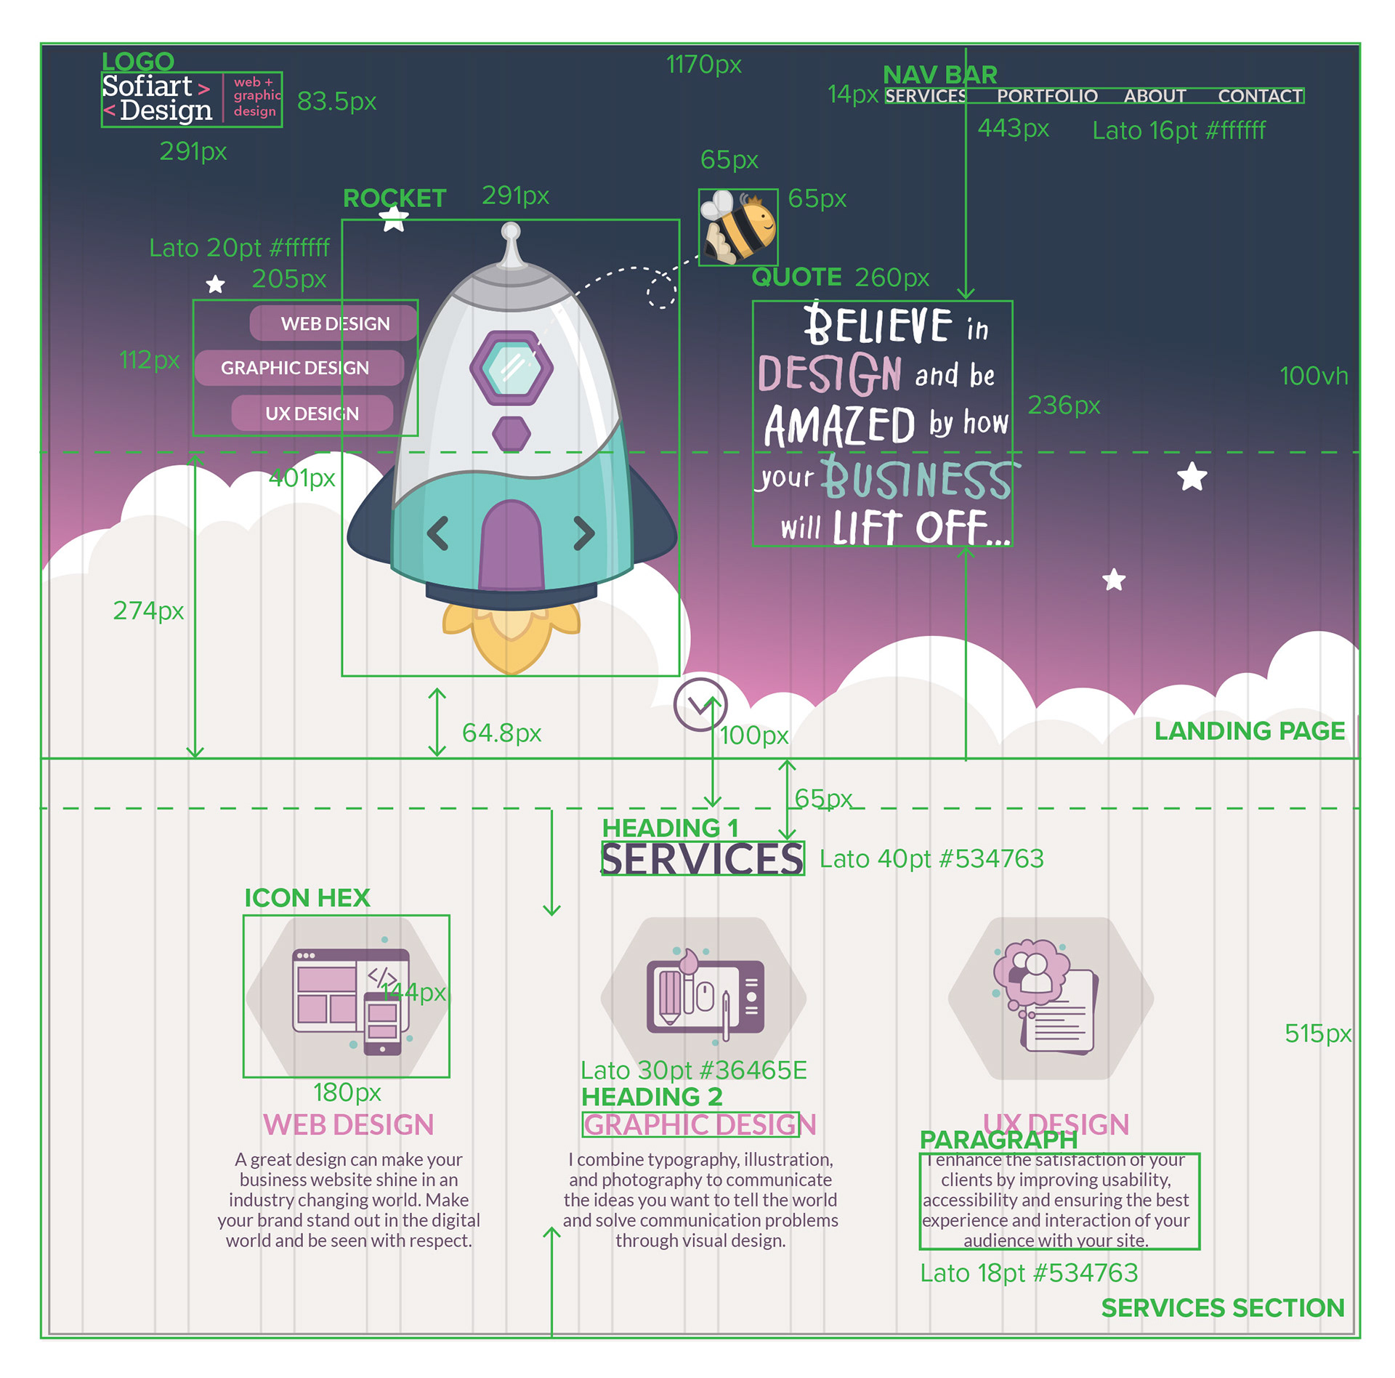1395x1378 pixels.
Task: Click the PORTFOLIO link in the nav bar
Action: pos(1046,96)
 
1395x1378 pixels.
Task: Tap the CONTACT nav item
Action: pos(1259,96)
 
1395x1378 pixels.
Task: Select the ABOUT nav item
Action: pos(1155,96)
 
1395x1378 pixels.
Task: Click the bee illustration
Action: pos(738,227)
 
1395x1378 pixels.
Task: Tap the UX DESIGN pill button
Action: pos(312,414)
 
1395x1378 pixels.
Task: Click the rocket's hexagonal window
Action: pos(511,368)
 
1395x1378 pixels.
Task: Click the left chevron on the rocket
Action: pos(437,533)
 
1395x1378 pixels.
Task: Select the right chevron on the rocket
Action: pos(584,533)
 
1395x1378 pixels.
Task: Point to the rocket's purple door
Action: pos(511,545)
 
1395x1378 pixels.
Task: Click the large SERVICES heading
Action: pos(703,859)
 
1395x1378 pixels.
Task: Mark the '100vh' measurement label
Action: pos(1313,376)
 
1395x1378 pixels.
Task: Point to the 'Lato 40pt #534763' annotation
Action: pos(931,859)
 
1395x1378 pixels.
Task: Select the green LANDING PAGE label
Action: pos(1249,731)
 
